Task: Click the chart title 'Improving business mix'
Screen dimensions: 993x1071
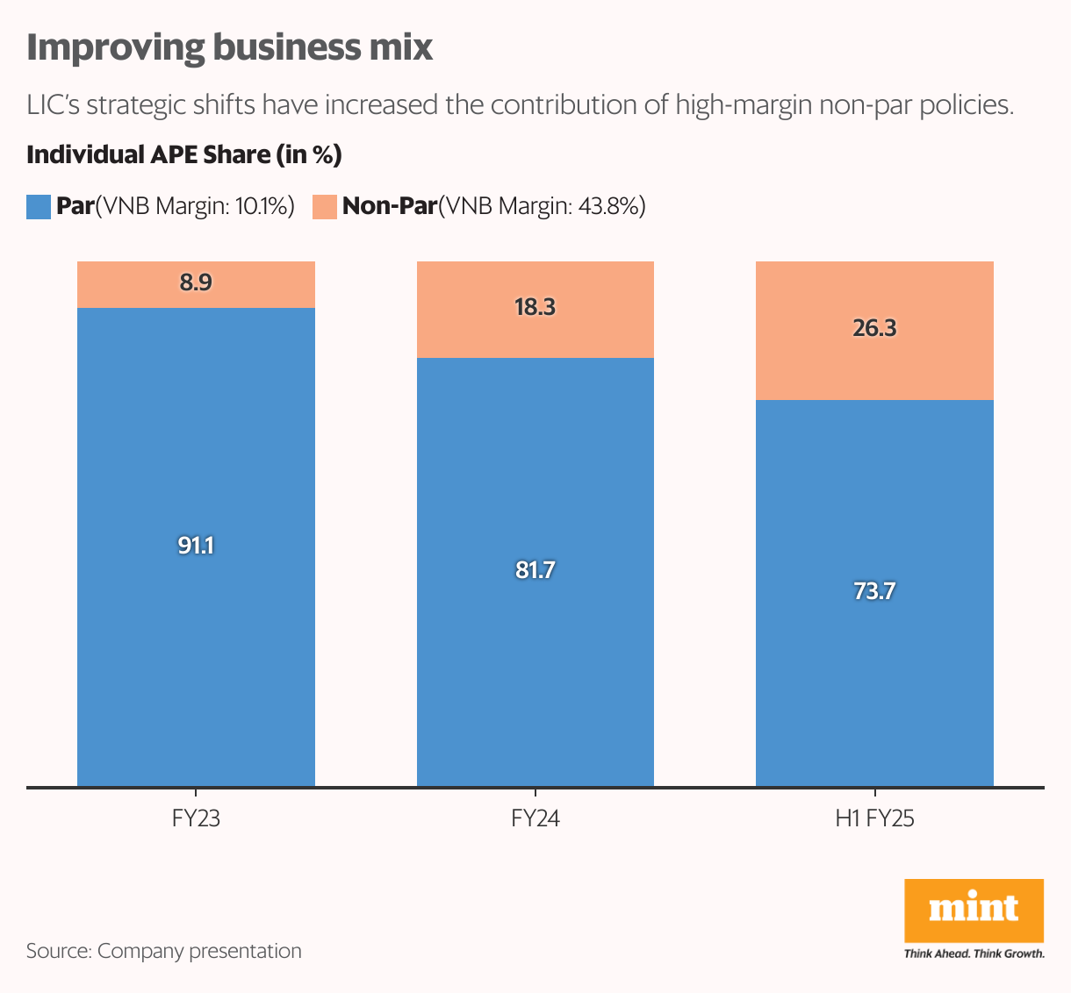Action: (x=230, y=47)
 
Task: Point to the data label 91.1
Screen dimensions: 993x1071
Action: (x=196, y=546)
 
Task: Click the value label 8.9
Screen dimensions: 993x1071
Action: (x=196, y=282)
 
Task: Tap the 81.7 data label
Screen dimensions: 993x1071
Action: (x=535, y=570)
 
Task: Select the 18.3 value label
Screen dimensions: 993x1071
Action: (x=535, y=307)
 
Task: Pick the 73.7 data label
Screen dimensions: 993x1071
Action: (x=874, y=591)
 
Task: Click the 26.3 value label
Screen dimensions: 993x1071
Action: (x=874, y=328)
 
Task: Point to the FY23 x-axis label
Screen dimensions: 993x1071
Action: (x=196, y=819)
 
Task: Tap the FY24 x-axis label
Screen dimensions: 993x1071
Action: (x=535, y=819)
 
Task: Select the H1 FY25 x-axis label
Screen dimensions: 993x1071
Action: (x=874, y=819)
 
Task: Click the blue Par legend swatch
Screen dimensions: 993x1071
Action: (x=39, y=207)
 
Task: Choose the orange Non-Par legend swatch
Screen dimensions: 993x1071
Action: (x=325, y=207)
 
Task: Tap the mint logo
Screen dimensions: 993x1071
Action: (x=974, y=911)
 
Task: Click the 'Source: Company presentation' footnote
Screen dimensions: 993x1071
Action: (x=164, y=951)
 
